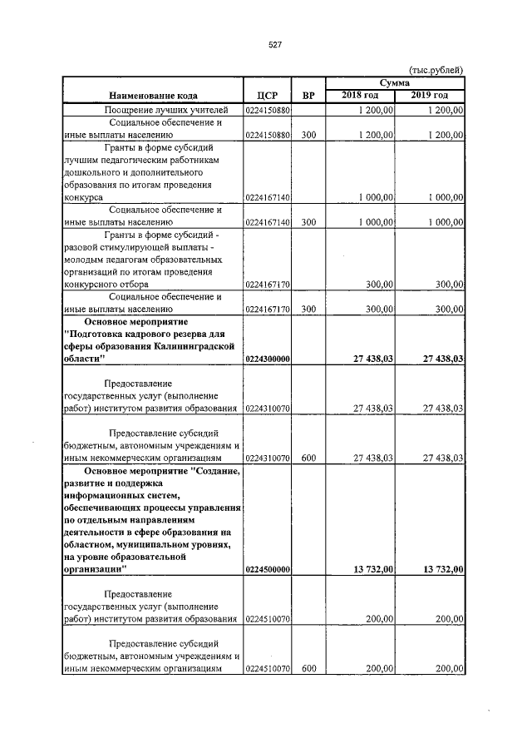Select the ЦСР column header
[267, 95]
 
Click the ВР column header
[308, 95]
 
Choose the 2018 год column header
[360, 96]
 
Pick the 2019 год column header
[430, 96]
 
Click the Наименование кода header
[152, 95]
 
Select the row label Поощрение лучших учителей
[152, 110]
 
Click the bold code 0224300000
[267, 359]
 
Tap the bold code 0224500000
[267, 569]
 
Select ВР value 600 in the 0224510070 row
[308, 668]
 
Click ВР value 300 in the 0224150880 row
[308, 135]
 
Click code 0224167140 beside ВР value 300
[267, 222]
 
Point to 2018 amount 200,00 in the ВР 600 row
[379, 668]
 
